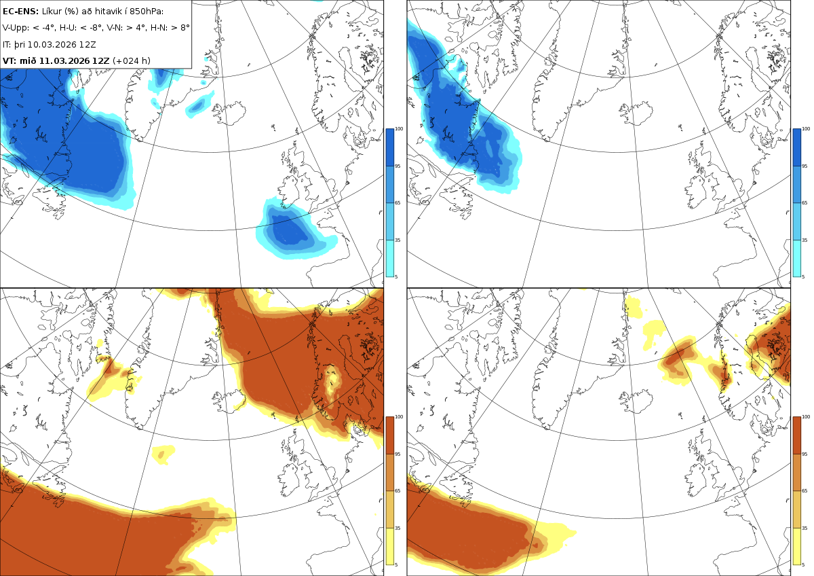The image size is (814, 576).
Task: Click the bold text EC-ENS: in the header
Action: click(x=20, y=12)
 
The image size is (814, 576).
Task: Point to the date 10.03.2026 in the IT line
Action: click(x=52, y=44)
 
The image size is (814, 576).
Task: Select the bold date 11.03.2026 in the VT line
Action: click(x=64, y=60)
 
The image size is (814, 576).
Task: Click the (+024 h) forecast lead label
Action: click(x=132, y=60)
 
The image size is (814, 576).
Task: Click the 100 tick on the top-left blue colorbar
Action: click(x=399, y=129)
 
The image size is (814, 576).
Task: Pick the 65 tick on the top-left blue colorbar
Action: click(x=398, y=202)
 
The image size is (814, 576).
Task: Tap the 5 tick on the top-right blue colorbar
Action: click(x=803, y=277)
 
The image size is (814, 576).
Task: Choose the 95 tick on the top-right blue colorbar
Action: click(x=805, y=166)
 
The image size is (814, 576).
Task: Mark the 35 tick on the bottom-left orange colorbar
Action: click(x=398, y=528)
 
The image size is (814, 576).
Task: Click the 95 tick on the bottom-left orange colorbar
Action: click(x=398, y=454)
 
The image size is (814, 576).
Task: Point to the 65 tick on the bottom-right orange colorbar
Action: click(x=805, y=491)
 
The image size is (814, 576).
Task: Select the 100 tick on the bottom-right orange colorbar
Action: click(x=806, y=417)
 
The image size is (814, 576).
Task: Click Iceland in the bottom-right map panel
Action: click(x=636, y=401)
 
